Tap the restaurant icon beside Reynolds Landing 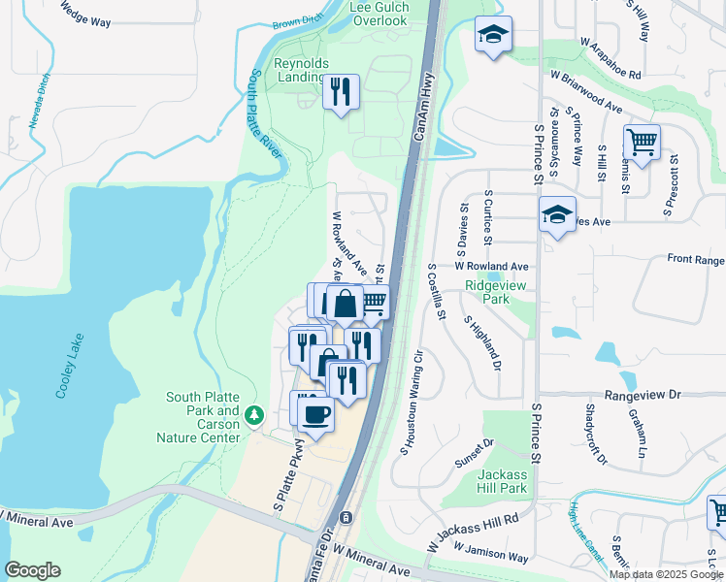tap(341, 92)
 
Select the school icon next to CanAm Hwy tap(493, 36)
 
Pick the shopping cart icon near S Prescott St tap(642, 143)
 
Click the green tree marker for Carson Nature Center tap(254, 415)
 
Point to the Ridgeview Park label tap(487, 293)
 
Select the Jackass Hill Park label tap(504, 481)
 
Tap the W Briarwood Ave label tap(586, 103)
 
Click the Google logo tap(32, 570)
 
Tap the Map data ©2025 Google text tap(665, 574)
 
